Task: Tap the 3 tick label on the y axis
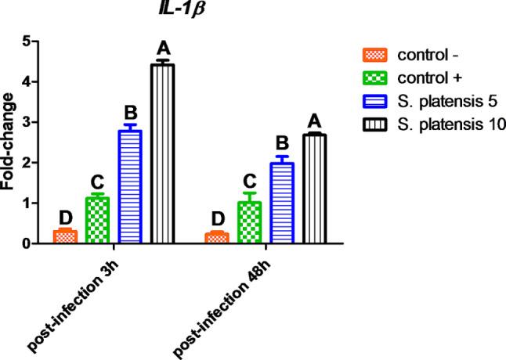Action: (x=27, y=122)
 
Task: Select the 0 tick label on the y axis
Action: (x=27, y=243)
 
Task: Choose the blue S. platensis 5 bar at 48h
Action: (x=281, y=203)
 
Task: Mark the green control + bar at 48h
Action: (x=249, y=223)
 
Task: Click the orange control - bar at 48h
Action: (x=217, y=238)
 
